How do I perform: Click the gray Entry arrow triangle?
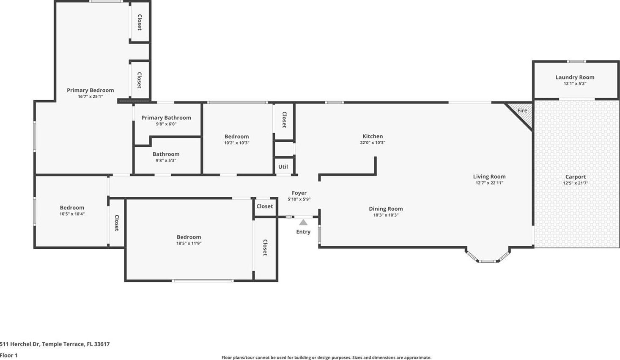pos(303,222)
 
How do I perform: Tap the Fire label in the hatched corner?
pos(522,110)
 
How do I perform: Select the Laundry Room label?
pos(575,77)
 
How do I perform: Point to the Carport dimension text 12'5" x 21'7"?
pos(576,183)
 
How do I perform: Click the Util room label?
pos(283,167)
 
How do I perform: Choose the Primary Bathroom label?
pos(166,118)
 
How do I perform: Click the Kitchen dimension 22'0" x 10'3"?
pos(373,143)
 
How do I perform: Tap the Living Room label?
pos(489,176)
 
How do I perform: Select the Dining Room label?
pos(386,209)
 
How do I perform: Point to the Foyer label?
pos(299,193)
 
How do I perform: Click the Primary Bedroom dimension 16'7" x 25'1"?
pos(90,96)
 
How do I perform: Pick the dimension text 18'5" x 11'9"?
pos(189,243)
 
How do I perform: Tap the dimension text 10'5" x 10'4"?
pos(72,214)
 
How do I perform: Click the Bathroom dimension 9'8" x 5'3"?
pos(166,161)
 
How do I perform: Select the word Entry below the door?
pos(303,232)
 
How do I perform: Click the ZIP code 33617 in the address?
pos(102,344)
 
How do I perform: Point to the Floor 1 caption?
pos(8,355)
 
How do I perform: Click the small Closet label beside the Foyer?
pos(265,206)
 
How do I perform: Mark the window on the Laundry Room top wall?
pos(576,61)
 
